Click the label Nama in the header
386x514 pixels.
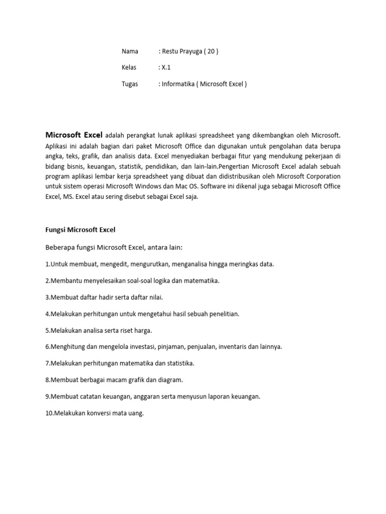coord(130,51)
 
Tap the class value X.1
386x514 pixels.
coord(166,68)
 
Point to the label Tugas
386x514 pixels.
coord(130,84)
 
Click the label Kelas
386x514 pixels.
coord(129,68)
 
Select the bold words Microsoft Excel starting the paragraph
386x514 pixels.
coord(74,135)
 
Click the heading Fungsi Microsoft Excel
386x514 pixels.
coord(80,230)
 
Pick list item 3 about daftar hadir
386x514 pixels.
coord(104,297)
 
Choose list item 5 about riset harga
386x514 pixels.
coord(99,330)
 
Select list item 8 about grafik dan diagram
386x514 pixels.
coord(114,379)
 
